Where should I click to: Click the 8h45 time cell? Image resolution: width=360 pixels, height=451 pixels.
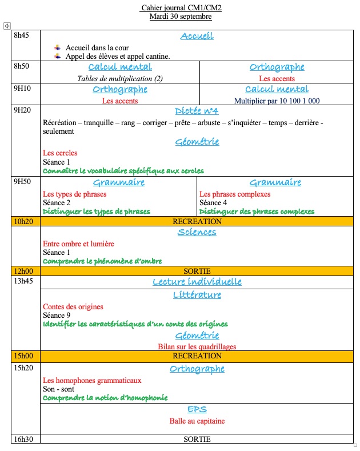pos(21,35)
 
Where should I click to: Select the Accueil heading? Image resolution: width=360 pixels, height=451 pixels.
pos(197,36)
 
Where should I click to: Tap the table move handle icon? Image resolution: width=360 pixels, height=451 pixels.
pos(7,26)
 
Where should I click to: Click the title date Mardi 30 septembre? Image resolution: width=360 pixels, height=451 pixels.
pos(180,17)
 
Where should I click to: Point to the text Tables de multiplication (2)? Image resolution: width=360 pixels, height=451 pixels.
pos(120,78)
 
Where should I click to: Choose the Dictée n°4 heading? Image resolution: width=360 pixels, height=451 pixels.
pos(197,111)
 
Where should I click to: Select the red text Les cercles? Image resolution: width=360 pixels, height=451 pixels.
pos(60,153)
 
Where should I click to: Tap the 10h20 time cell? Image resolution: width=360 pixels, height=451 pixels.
pos(23,221)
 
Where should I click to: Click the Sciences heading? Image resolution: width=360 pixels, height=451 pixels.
pos(197,232)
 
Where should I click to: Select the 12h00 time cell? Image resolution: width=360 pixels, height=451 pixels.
pos(23,271)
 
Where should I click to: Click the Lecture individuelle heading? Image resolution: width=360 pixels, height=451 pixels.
pos(197,282)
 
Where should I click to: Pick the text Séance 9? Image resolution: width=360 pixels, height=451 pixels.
pos(57,316)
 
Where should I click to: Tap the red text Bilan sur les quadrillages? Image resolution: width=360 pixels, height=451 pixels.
pos(197,346)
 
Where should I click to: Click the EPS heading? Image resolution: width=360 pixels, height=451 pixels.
pos(197,409)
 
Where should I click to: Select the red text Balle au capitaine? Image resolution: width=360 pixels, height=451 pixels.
pos(197,421)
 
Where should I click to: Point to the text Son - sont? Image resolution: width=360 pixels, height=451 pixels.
pos(59,389)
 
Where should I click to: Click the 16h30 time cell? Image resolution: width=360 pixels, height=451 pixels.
pos(23,439)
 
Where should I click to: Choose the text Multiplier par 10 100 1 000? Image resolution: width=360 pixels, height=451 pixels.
pos(277,101)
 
